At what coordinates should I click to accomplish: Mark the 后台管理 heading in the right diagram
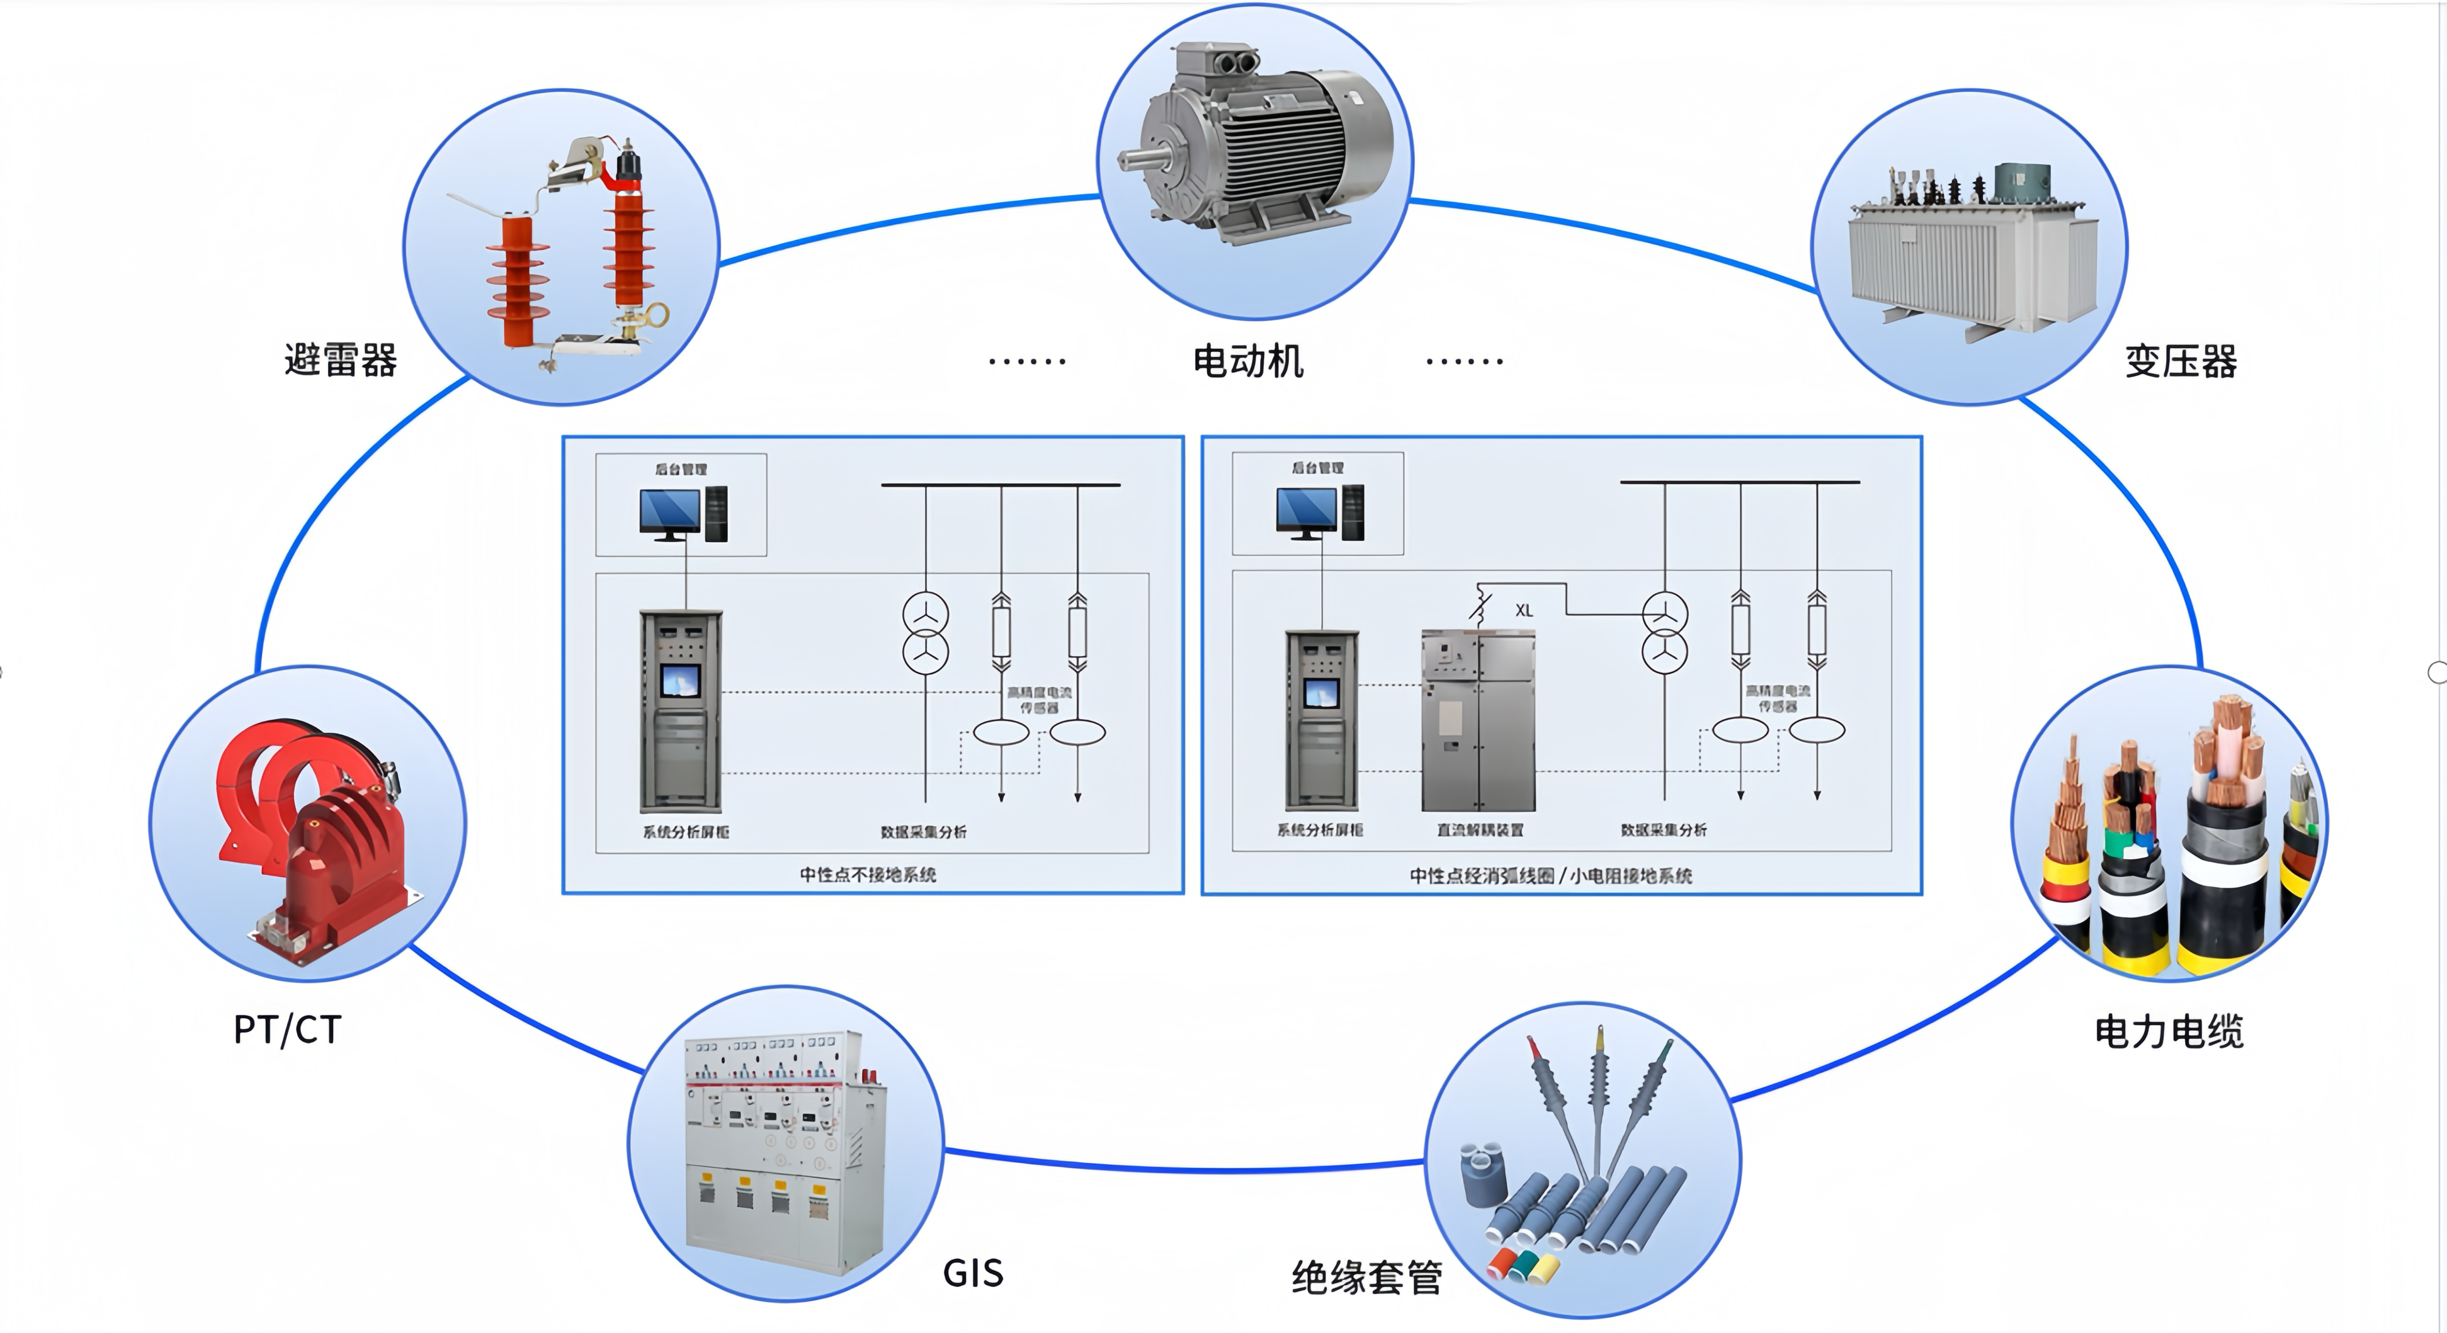tap(1318, 468)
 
